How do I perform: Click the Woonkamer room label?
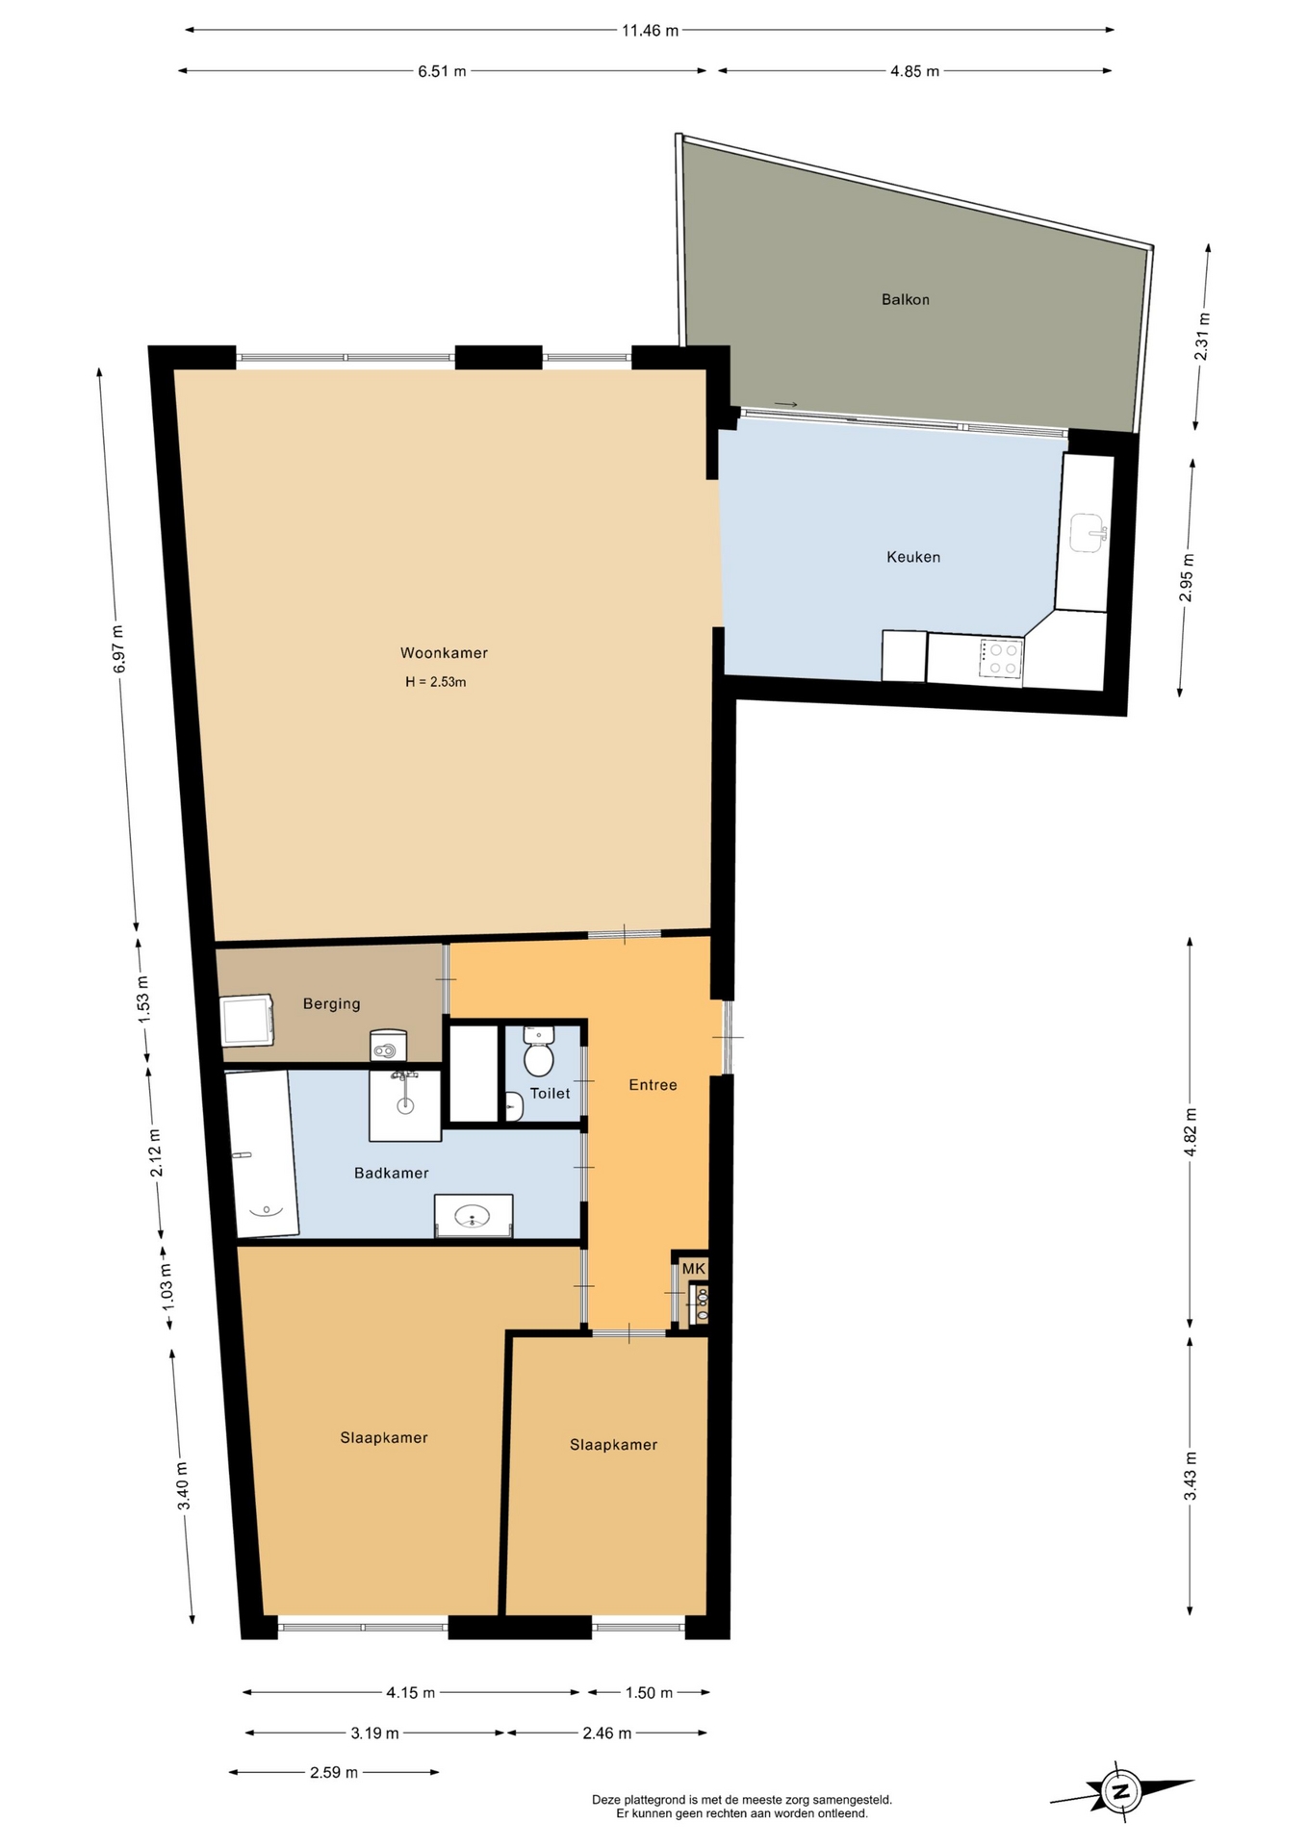(444, 653)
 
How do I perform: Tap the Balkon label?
(906, 300)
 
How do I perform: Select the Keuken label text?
(913, 557)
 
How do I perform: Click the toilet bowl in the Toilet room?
(538, 1052)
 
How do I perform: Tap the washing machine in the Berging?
(248, 1021)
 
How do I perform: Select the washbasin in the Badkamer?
(473, 1217)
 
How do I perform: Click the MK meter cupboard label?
(694, 1269)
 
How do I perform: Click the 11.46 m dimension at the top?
(650, 31)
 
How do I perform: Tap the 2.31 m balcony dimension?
(1201, 337)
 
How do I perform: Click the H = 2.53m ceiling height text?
(436, 682)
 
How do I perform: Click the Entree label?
(653, 1085)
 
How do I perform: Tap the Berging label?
(331, 1004)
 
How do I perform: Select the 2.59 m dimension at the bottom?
(334, 1772)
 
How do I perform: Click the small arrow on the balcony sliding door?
(785, 404)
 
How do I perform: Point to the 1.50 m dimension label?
(650, 1692)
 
